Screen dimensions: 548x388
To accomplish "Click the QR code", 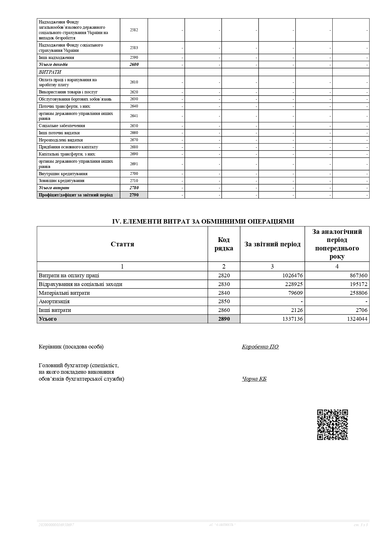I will point(332,425).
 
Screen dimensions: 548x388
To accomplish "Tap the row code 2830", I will point(224,284).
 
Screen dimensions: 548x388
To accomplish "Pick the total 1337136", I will point(290,319).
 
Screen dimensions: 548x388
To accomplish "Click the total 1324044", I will point(355,319).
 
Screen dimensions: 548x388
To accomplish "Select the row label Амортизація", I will point(54,301).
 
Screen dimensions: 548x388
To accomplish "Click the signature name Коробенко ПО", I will point(260,347).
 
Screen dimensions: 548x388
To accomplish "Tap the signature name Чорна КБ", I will point(254,379).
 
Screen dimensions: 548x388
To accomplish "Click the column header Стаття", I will point(122,244).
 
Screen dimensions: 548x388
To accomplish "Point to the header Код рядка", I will point(224,244).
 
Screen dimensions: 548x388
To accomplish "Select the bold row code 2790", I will point(134,195).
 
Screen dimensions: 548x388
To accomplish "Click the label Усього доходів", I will point(53,65).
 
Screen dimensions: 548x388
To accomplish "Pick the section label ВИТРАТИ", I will point(50,72).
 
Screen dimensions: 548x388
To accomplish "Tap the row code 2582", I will point(134,30).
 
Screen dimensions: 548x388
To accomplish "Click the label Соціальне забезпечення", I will point(62,126).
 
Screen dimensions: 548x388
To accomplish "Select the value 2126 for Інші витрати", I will point(296,310).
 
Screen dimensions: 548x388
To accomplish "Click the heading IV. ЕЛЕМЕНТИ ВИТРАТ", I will point(203,221).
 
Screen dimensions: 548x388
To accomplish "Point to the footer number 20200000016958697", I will point(56,525).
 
